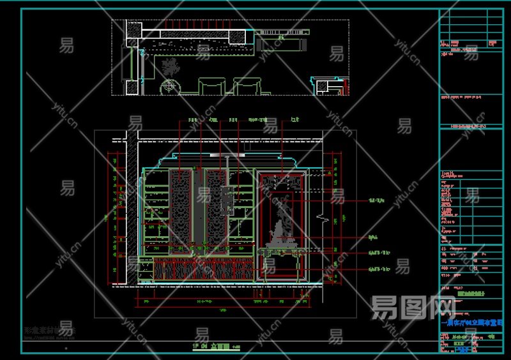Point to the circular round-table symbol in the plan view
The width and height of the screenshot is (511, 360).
170,86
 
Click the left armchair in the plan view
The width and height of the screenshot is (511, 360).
211,86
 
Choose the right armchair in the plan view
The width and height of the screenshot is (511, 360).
247,86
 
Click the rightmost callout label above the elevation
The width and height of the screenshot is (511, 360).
294,119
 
